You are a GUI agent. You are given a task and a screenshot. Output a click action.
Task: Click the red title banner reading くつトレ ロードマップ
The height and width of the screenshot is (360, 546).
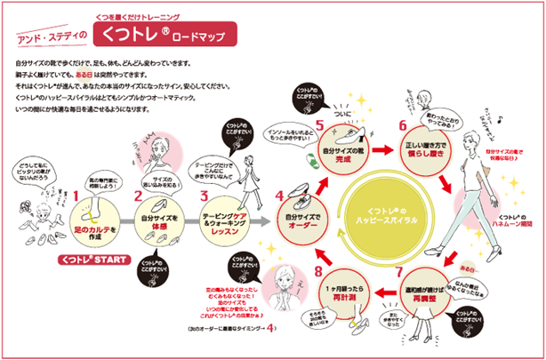(x=168, y=36)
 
